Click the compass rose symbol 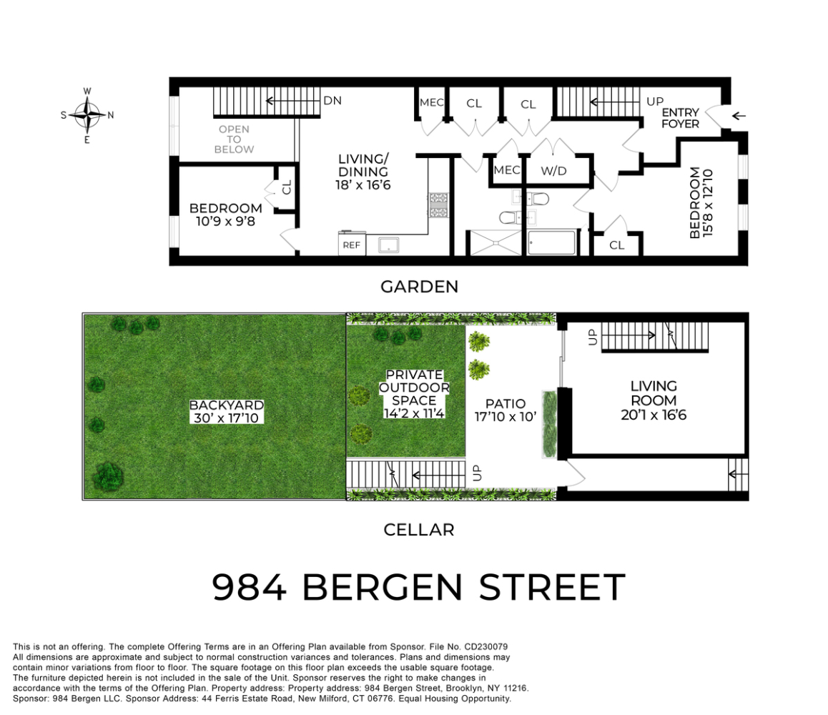coord(87,114)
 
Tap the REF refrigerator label coord(351,245)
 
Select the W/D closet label coord(553,171)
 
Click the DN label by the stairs coord(332,100)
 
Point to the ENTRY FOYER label coord(680,118)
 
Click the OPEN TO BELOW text coord(234,139)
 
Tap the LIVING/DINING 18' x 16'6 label coord(363,172)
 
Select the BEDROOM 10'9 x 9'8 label coord(225,215)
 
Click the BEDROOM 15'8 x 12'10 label coord(701,203)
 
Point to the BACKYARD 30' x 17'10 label coord(227,412)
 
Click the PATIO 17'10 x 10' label coord(506,410)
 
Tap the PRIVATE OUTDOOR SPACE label coord(414,393)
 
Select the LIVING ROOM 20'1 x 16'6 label coord(654,400)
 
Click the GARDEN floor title coord(419,287)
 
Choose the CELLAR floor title coord(419,530)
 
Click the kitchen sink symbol coord(389,245)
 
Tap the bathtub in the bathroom coord(551,242)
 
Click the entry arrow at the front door coord(739,116)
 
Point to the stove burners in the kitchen coord(438,205)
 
